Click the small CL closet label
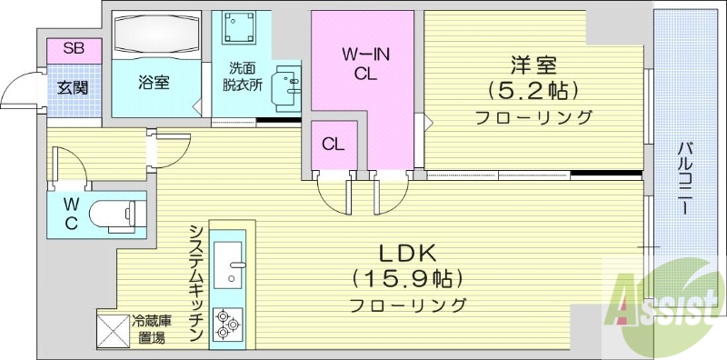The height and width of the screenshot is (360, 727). coord(333,144)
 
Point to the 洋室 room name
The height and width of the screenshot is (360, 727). coord(533,65)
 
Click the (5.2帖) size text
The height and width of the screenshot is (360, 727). coord(533,91)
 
